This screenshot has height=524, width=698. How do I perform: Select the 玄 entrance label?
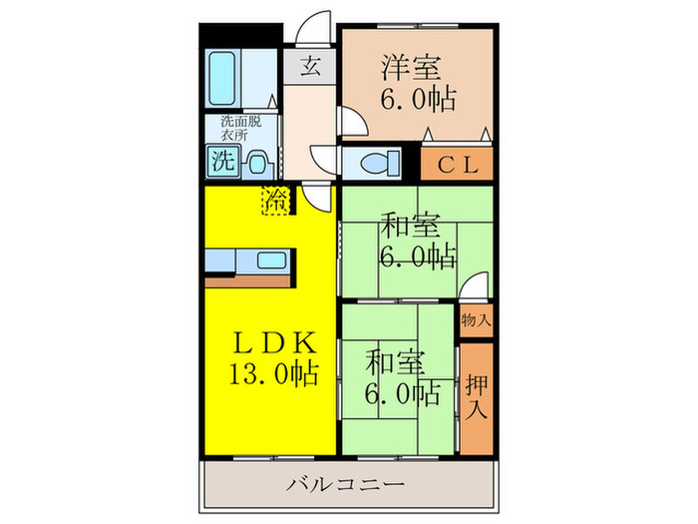311,68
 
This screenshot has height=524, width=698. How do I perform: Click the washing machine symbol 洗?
222,160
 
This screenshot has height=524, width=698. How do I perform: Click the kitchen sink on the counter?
272,262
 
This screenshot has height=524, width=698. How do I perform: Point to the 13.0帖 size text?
273,374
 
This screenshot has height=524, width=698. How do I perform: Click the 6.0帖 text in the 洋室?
417,100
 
